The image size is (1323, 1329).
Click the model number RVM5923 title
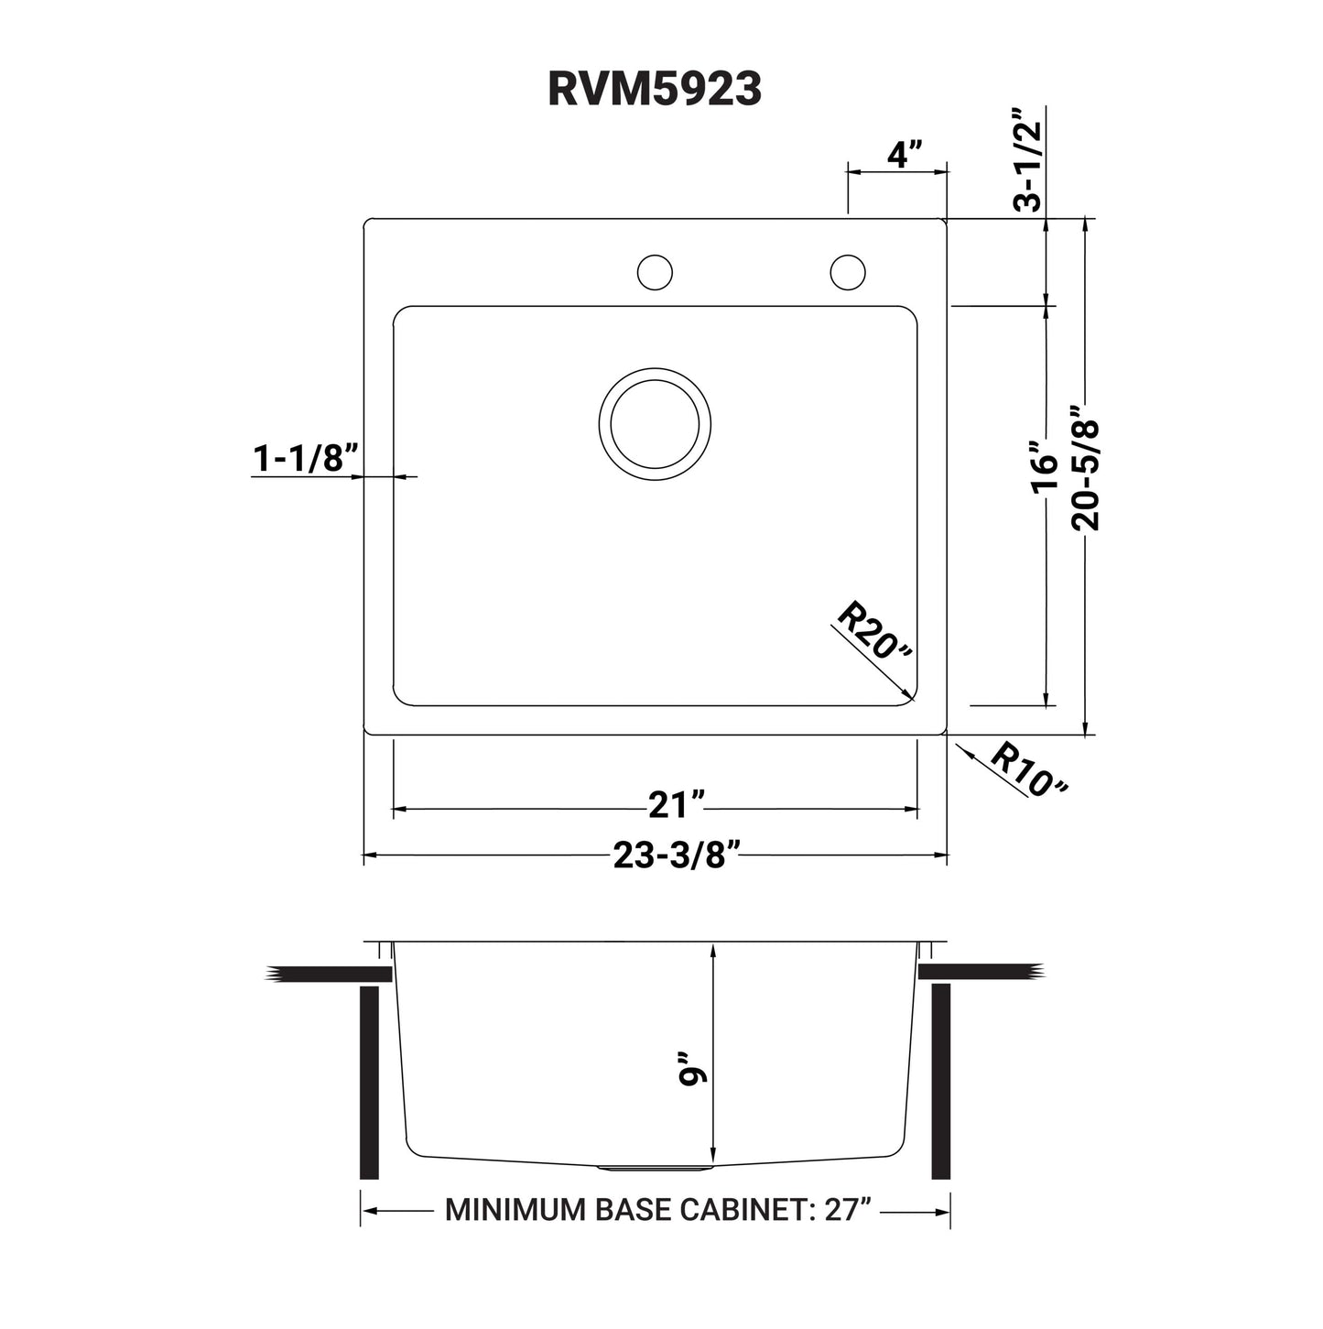tap(654, 90)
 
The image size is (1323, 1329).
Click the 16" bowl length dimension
tap(1044, 467)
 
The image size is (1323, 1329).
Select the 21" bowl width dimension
tap(675, 805)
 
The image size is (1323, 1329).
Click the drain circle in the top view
tap(655, 423)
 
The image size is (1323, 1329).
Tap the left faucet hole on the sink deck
tap(655, 272)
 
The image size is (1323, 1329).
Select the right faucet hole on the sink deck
tap(848, 272)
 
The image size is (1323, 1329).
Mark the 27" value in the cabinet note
tap(847, 1210)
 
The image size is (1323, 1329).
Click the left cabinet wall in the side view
tap(369, 1082)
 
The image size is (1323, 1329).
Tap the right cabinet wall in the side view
tap(941, 1082)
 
